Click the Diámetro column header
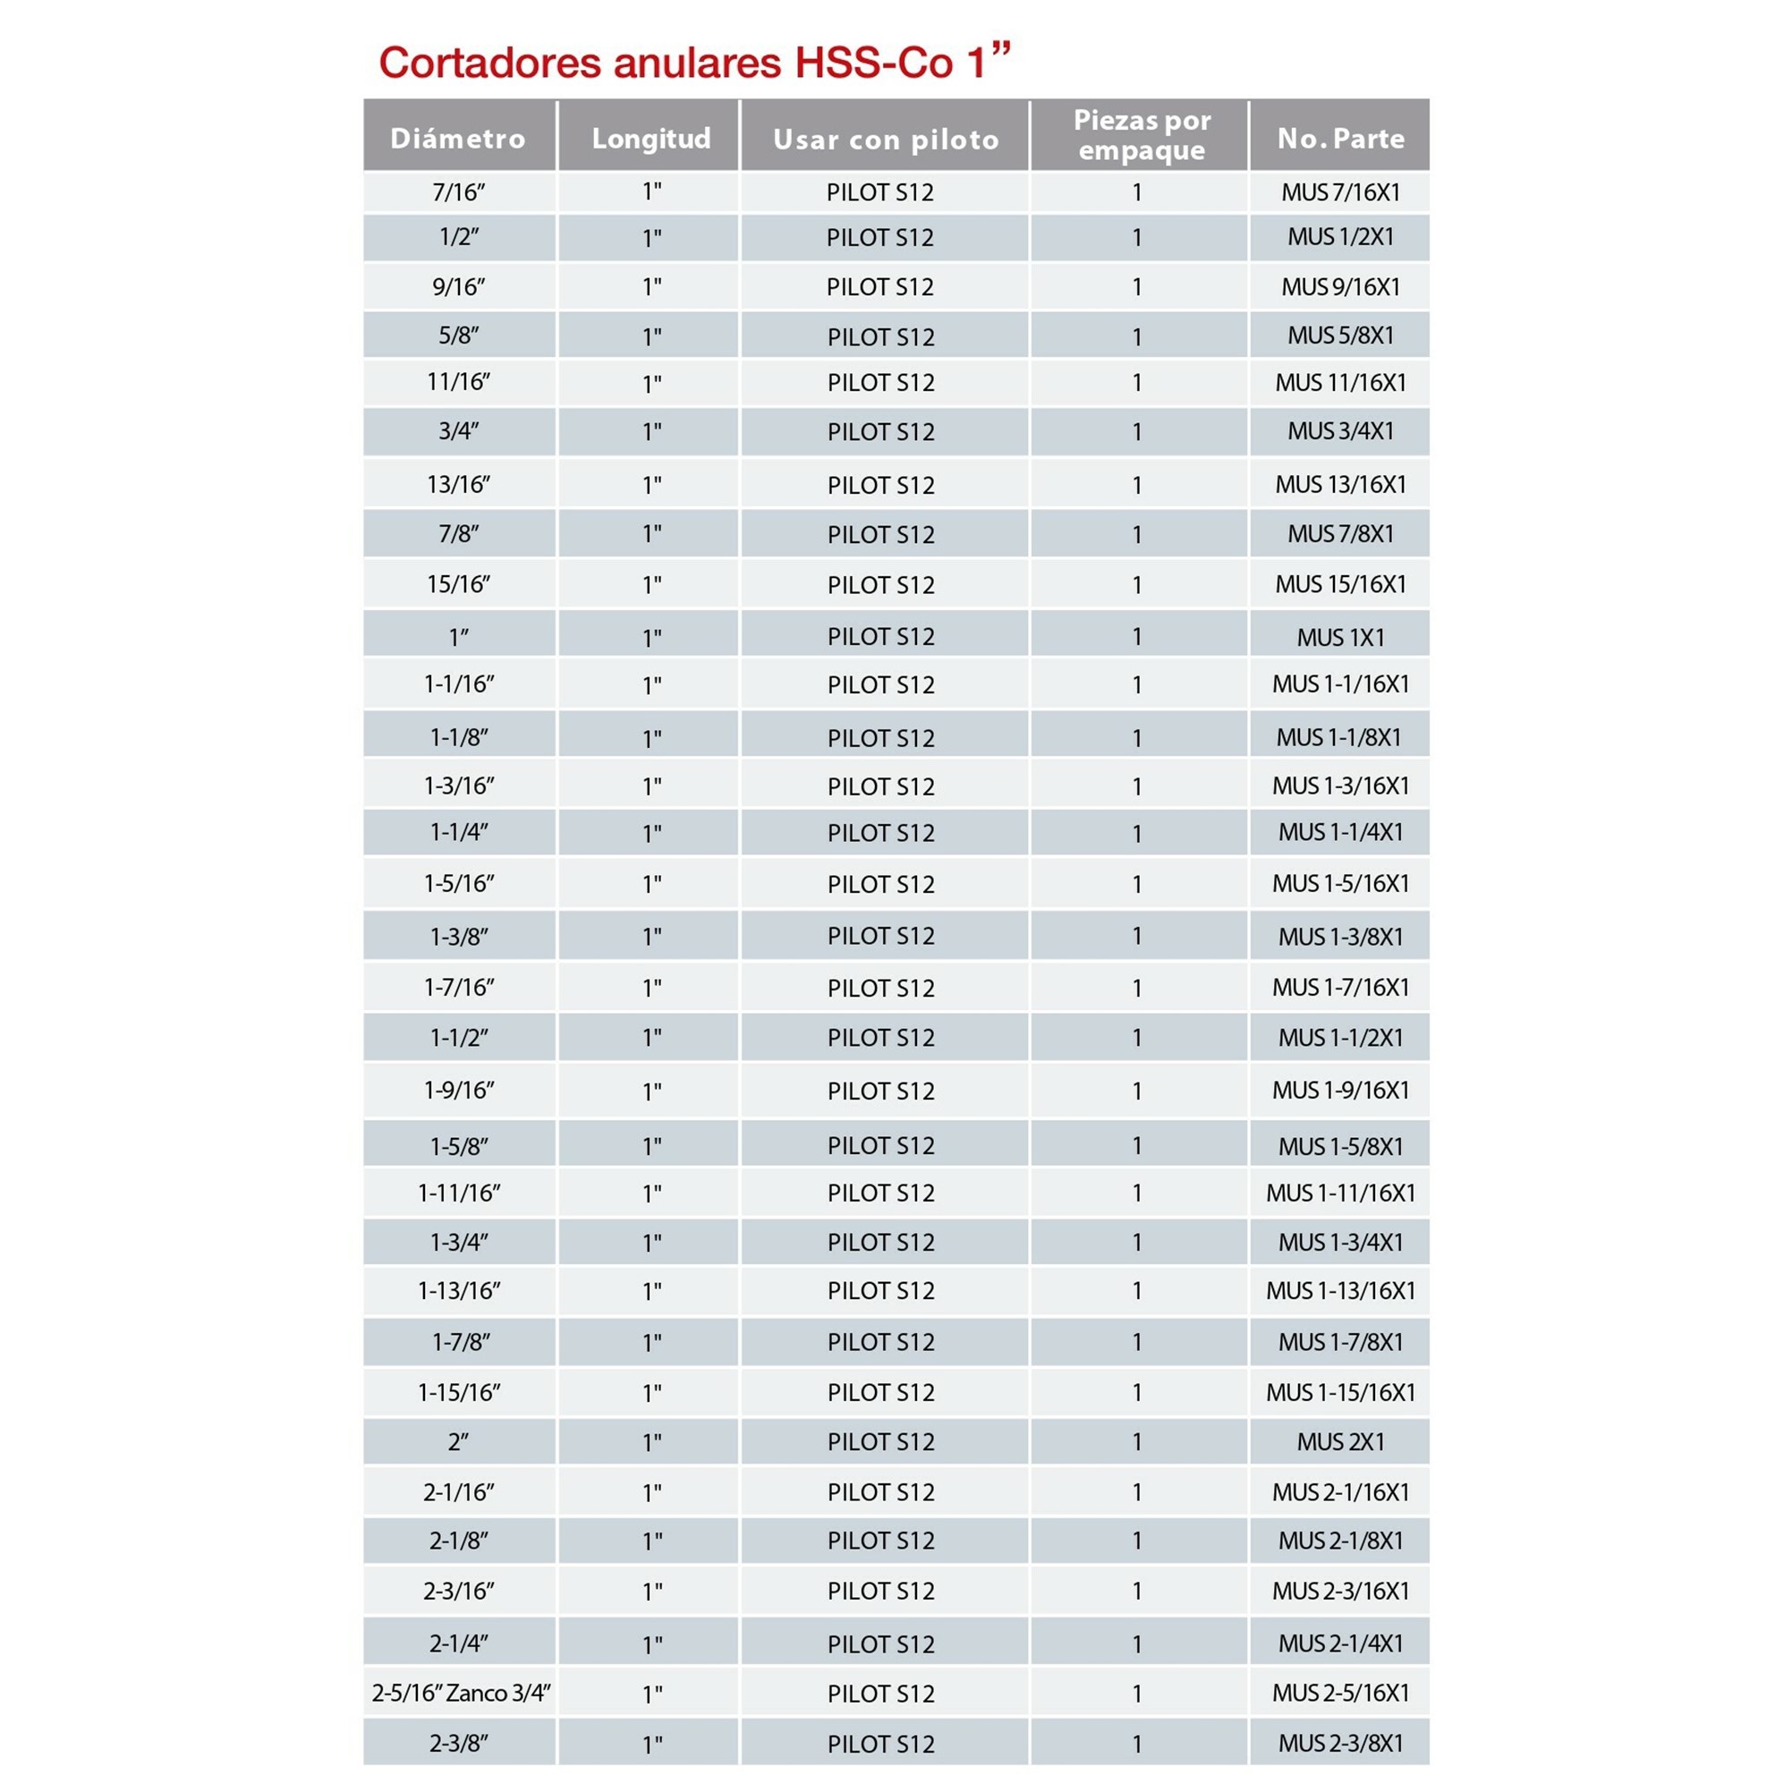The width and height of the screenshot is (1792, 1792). [457, 138]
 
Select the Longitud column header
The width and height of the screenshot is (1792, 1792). [651, 138]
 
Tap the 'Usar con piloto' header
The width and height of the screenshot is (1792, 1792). [886, 140]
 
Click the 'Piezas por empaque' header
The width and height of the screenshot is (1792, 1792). [1142, 135]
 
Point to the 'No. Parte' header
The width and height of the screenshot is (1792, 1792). [1340, 138]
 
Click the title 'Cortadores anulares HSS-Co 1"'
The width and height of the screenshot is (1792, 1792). [693, 61]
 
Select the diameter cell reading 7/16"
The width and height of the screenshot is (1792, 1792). [458, 192]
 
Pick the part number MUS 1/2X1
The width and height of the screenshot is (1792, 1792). [1340, 236]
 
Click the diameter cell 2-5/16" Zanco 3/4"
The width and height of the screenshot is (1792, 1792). [461, 1693]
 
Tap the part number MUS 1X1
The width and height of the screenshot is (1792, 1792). [1340, 637]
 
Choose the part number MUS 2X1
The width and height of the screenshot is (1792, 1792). [1340, 1441]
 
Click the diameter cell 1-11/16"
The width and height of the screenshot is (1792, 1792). [459, 1192]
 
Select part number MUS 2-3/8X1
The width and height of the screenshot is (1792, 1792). [1340, 1743]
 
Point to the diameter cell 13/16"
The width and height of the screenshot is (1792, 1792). [458, 484]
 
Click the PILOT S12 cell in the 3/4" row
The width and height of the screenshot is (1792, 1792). [880, 431]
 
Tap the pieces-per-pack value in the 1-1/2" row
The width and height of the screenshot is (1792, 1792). [1136, 1037]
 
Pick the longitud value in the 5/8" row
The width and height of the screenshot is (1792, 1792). [652, 336]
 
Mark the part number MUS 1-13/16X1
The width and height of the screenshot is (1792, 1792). [1340, 1290]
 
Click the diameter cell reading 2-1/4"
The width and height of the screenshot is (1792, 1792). [458, 1643]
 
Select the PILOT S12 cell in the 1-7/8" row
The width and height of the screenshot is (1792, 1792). [880, 1341]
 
